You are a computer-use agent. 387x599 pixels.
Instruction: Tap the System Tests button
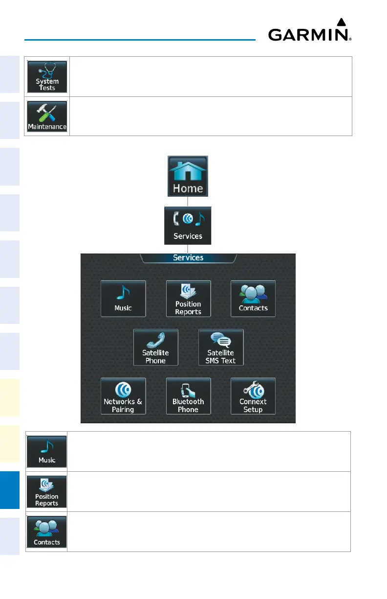coord(47,77)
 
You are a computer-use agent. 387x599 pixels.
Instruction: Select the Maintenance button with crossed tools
coord(47,116)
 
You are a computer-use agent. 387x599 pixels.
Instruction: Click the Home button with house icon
coord(188,176)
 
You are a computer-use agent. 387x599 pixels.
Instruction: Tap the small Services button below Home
coord(188,225)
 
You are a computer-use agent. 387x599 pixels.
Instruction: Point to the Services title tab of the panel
coord(188,257)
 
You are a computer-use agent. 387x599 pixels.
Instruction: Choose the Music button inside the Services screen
coord(123,298)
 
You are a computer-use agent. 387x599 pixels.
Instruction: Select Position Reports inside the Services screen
coord(188,298)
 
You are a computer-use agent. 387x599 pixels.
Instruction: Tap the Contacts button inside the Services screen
coord(253,298)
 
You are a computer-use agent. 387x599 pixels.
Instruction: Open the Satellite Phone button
coord(156,347)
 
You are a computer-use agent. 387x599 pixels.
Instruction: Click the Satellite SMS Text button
coord(221,347)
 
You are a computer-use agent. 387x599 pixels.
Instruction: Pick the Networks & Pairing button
coord(123,396)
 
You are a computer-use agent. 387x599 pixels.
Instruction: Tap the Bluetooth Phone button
coord(188,396)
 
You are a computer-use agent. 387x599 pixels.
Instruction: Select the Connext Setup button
coord(253,396)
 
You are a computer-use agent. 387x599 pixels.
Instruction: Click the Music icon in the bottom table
coord(47,451)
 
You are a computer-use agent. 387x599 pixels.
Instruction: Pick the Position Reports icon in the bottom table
coord(47,491)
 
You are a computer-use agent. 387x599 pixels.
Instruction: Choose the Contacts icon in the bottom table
coord(47,532)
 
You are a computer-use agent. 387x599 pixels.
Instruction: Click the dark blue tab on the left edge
coord(9,489)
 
